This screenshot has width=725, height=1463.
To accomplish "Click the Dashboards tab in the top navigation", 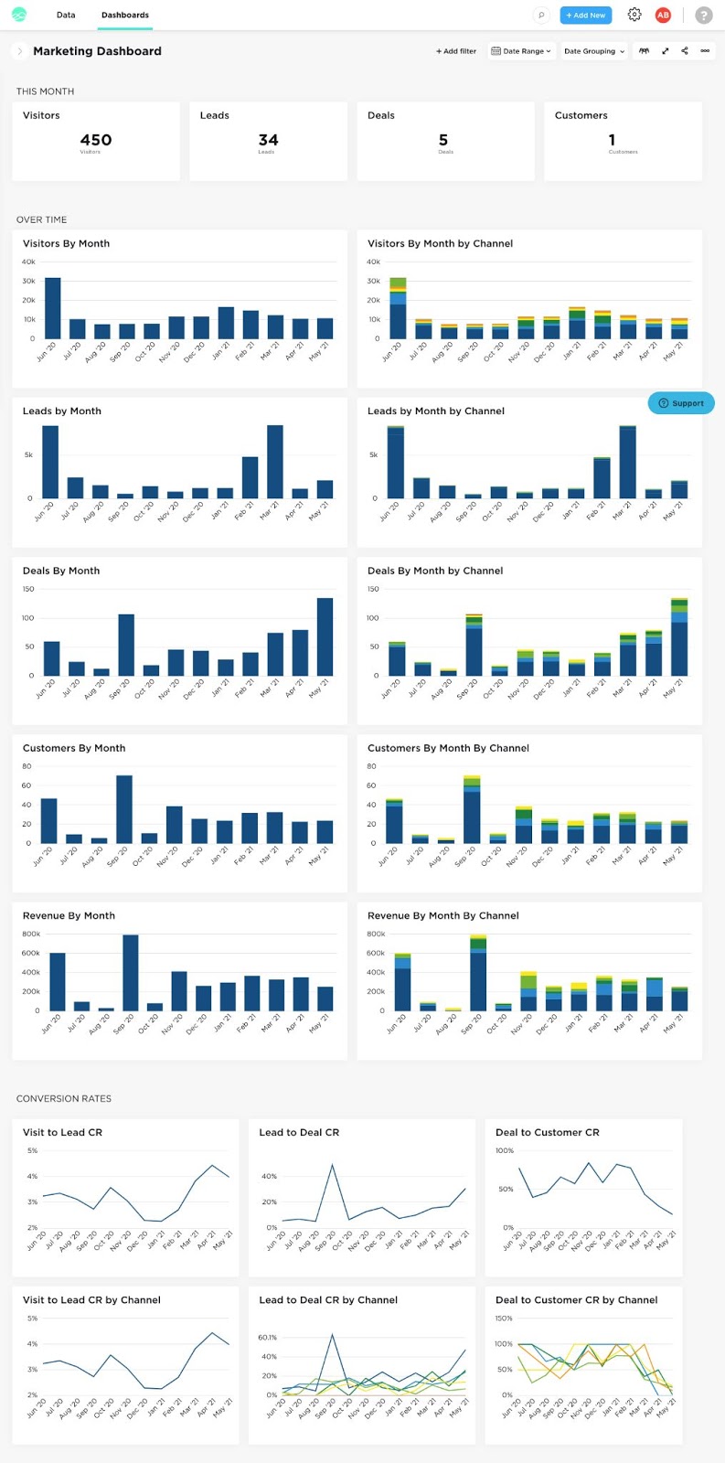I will pos(124,16).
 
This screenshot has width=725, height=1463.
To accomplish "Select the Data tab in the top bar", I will pos(66,16).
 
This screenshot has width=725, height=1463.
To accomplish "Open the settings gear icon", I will pos(634,15).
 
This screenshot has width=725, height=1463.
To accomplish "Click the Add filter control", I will pos(456,51).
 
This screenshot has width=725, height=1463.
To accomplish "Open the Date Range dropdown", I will pos(521,51).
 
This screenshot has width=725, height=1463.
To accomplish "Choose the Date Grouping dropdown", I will pos(594,51).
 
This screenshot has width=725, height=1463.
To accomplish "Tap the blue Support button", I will pos(681,403).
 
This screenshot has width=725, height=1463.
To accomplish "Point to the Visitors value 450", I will pos(96,140).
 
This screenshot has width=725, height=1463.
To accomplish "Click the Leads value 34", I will pos(268,140).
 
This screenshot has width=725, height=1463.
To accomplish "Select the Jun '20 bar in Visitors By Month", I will pos(53,309).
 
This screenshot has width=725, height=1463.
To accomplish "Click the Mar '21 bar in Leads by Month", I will pos(274,462).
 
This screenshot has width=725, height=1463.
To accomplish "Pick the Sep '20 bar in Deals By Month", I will pos(126,645).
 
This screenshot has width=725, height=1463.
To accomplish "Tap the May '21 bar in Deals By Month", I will pos(325,637).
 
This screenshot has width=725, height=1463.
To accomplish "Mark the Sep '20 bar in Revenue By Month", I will pos(131,973).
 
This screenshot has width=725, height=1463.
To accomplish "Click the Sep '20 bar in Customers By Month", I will pos(124,809).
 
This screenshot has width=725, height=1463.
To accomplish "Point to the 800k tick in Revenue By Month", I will pos(31,934).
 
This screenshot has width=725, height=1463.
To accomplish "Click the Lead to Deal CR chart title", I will pos(299,1132).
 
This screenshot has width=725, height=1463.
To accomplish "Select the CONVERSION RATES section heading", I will pos(64,1098).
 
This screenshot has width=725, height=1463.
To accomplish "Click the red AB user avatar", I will pos(663,15).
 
